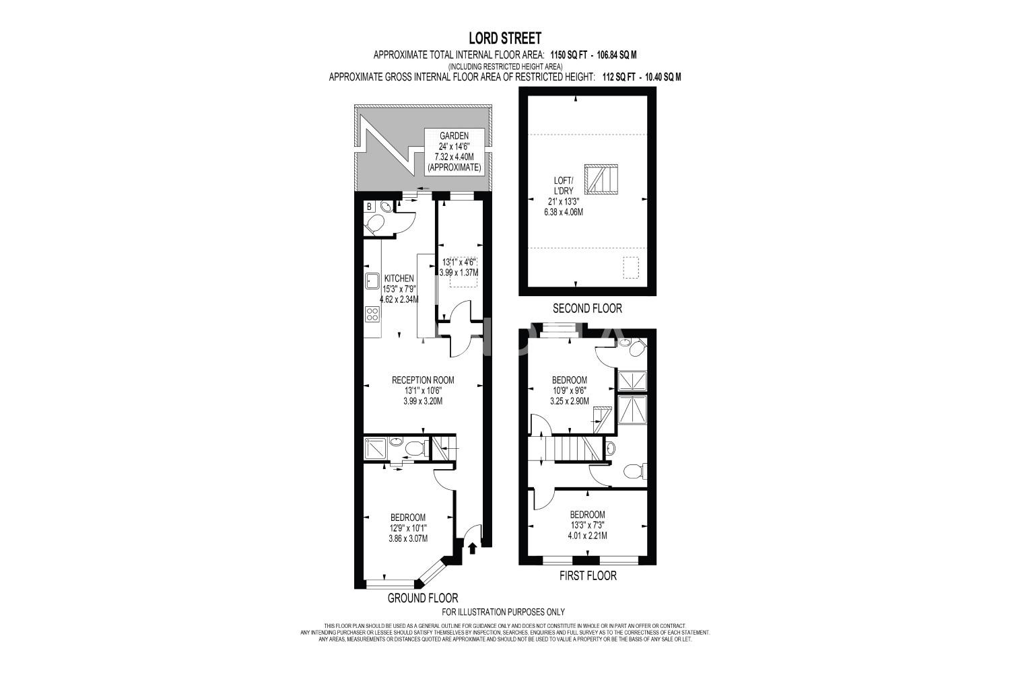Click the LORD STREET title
tap(505, 38)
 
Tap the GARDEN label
tap(454, 136)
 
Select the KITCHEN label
tap(399, 279)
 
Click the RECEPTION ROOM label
tap(423, 380)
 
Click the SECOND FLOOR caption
tap(588, 308)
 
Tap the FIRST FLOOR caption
tap(588, 575)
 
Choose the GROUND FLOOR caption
tap(423, 598)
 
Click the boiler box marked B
tap(369, 207)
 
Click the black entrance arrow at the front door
tap(473, 548)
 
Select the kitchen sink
tap(372, 281)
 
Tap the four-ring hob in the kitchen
tap(372, 314)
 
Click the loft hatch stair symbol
tap(602, 179)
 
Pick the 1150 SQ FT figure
tap(568, 55)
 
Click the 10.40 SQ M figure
tap(663, 77)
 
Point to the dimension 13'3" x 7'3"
tap(588, 525)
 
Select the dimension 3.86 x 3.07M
tap(408, 538)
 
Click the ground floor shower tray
tap(375, 448)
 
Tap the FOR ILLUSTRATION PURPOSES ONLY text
tap(503, 612)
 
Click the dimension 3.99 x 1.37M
tap(459, 273)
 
